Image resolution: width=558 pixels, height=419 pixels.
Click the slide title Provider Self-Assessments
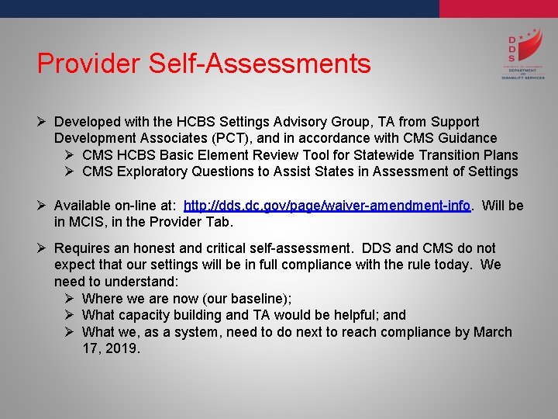204,64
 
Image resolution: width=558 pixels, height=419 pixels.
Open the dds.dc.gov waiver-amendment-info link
327,206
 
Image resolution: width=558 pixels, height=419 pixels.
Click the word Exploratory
152,171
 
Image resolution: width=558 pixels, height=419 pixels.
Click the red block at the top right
498,9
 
